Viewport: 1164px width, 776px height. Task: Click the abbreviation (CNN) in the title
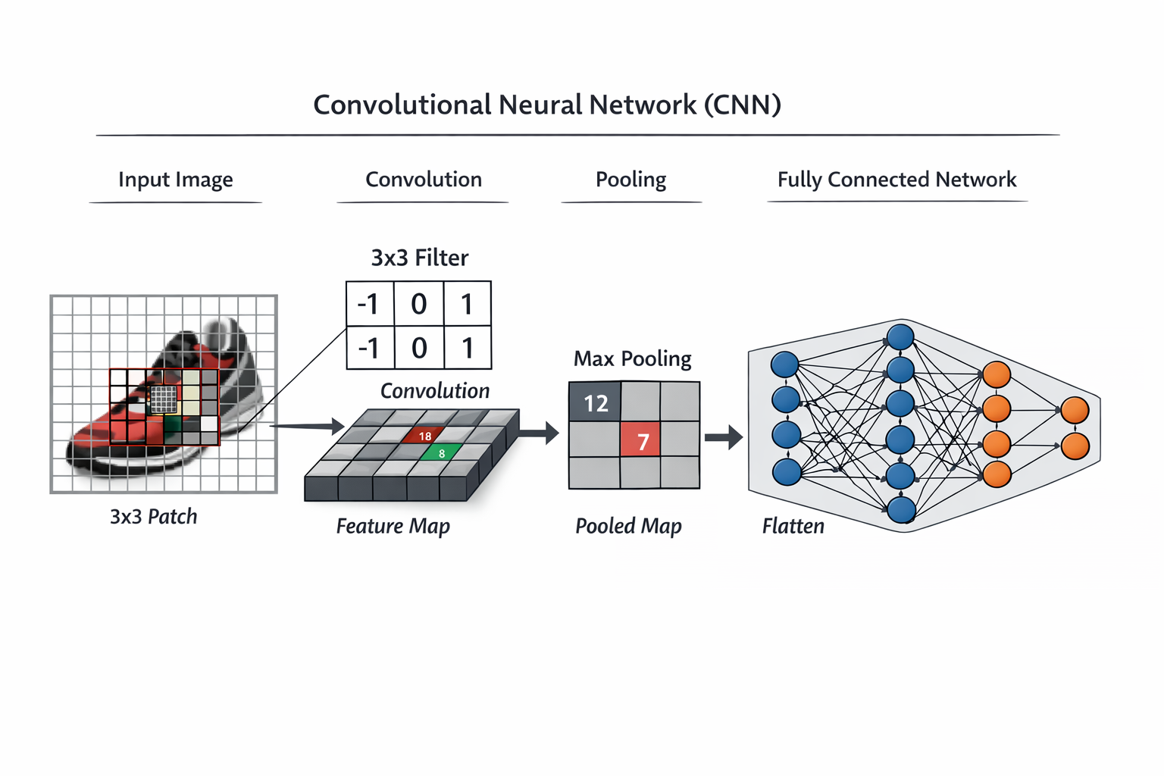point(742,105)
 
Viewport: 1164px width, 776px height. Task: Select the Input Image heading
point(175,180)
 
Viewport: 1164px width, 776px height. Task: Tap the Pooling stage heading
point(630,180)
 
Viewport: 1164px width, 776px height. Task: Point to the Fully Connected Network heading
point(896,180)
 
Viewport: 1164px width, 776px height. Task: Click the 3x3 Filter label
point(419,258)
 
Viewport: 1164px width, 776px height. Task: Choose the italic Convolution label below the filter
point(434,391)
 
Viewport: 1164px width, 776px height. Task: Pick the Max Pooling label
point(632,358)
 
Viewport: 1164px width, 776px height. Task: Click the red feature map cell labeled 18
point(424,436)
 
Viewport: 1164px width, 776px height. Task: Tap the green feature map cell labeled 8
point(441,453)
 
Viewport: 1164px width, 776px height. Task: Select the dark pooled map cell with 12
point(595,402)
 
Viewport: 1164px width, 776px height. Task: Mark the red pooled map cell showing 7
point(641,440)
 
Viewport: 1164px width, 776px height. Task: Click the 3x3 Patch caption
point(153,517)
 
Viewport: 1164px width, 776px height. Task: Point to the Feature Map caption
point(393,526)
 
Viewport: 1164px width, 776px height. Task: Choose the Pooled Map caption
point(627,526)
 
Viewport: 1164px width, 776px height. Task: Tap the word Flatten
point(793,526)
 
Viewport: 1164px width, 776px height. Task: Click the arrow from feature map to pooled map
point(539,433)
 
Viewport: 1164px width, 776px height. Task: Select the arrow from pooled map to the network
point(723,437)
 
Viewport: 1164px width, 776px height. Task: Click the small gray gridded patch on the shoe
point(164,399)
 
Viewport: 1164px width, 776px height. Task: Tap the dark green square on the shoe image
point(173,424)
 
